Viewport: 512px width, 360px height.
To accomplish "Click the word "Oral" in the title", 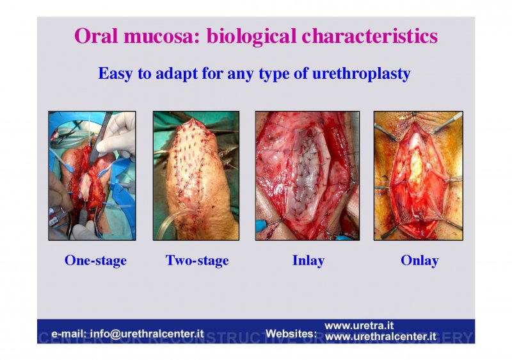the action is point(96,36).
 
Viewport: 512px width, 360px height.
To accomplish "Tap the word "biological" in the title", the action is point(252,37).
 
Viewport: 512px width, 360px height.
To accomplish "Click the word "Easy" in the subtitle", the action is point(115,74).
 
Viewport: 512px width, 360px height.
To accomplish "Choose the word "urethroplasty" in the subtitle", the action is point(361,74).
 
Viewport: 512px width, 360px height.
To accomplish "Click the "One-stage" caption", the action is point(95,260).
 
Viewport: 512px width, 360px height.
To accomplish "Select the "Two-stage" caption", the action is point(197,260).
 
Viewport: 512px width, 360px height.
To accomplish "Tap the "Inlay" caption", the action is point(308,260).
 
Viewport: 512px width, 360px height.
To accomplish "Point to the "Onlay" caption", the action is point(420,260).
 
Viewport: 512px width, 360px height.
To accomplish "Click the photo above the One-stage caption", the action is point(92,176).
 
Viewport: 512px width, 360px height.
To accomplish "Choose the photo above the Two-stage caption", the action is point(196,176).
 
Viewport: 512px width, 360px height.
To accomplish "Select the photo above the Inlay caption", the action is point(307,176).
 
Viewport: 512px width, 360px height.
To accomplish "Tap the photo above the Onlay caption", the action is point(419,176).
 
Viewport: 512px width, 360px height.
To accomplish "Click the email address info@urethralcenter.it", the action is point(147,334).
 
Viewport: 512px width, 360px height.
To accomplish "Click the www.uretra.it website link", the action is point(359,325).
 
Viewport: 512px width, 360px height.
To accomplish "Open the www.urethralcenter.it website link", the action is point(381,336).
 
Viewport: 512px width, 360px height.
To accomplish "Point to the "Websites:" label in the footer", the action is point(291,334).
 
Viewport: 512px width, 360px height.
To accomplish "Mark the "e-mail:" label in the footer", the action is point(68,334).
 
